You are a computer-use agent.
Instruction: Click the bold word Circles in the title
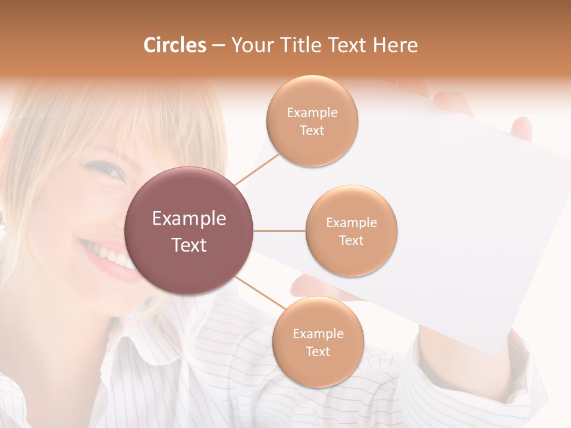tap(175, 45)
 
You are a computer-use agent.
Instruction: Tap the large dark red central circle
tap(189, 231)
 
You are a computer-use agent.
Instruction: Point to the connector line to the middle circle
tap(280, 231)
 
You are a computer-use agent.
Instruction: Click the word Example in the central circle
tap(189, 219)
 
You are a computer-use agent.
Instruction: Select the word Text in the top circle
tap(312, 130)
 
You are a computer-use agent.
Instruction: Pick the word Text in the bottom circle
tap(318, 351)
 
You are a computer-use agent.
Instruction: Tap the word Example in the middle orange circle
tap(352, 223)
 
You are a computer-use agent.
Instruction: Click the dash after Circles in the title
tap(218, 46)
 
